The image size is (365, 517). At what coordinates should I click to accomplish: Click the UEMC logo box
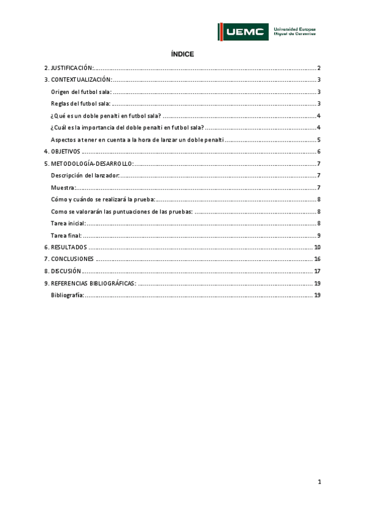coord(243,32)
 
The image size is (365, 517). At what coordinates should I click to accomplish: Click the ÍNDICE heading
coord(183,54)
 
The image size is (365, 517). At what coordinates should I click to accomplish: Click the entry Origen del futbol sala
coord(81,91)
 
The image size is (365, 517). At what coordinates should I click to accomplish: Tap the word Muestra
coord(63,187)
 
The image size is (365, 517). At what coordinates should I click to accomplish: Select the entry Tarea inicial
coord(68,223)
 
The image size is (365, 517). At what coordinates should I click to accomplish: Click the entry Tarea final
coord(66,235)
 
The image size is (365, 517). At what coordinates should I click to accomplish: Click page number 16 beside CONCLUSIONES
coord(317,259)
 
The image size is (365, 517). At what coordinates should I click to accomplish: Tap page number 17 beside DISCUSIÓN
coord(317,271)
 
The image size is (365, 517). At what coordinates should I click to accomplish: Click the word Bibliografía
coord(67,295)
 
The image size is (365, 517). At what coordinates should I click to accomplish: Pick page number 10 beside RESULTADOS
coord(317,247)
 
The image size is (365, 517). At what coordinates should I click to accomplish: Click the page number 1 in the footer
coord(319,482)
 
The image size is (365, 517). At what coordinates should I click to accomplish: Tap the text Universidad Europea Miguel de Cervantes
coord(295,31)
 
